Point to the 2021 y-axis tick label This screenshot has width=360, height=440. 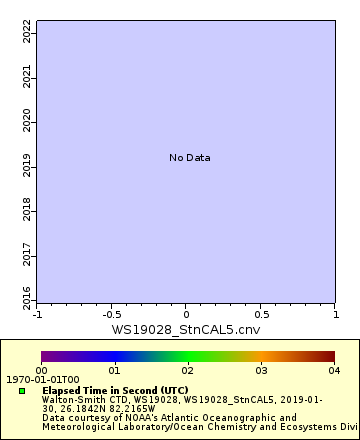tap(27, 77)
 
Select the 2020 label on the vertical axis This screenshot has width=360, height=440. tap(27, 121)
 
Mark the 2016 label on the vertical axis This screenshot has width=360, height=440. tap(27, 296)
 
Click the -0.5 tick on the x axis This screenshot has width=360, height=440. tap(111, 314)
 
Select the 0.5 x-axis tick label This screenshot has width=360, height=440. tap(260, 314)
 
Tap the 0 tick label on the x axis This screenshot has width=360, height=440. tap(186, 314)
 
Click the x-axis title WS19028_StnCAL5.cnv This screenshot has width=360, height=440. tap(185, 328)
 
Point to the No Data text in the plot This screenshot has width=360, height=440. tap(189, 158)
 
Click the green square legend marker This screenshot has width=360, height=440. tap(22, 391)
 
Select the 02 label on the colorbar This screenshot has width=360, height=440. tap(187, 370)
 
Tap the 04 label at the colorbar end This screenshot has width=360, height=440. tap(333, 370)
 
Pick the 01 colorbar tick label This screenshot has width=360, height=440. tap(114, 370)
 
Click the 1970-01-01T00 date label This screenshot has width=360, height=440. tap(36, 380)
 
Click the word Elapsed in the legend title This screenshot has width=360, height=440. tap(61, 390)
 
